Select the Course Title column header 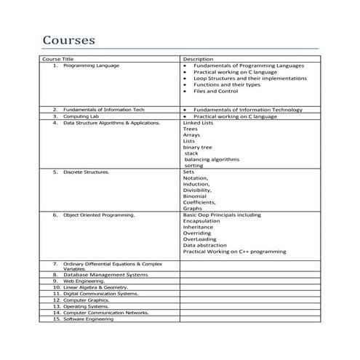click(58, 59)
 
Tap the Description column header click(198, 59)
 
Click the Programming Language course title click(91, 65)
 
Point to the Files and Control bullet click(216, 92)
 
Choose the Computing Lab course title click(81, 116)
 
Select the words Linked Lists click(198, 123)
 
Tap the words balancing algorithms click(212, 159)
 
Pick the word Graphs click(193, 209)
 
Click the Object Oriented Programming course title click(98, 215)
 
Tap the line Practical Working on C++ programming click(234, 252)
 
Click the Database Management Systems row click(105, 275)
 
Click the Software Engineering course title click(88, 319)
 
